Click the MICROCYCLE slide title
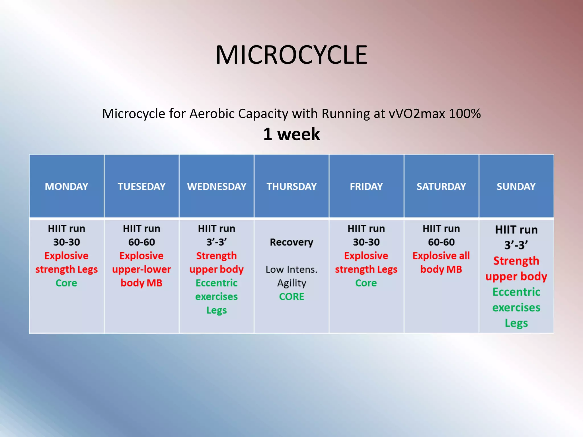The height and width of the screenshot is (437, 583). tap(291, 55)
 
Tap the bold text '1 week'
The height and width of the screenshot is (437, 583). tap(291, 134)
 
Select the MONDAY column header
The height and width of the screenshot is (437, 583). tap(66, 187)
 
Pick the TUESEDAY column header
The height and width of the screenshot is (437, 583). tap(141, 187)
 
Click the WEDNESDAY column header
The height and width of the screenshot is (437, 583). tap(216, 187)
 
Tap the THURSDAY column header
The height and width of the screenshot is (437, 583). tap(291, 187)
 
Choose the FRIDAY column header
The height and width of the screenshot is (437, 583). tap(366, 187)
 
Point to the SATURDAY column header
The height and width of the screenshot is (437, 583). tap(441, 187)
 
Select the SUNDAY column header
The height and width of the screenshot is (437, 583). tap(516, 187)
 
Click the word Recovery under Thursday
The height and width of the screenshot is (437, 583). tap(291, 242)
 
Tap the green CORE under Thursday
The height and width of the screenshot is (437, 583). tap(291, 297)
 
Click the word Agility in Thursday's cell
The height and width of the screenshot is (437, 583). tap(291, 283)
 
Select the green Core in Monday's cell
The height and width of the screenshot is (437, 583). tap(66, 283)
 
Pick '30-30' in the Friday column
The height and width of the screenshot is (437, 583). tap(366, 242)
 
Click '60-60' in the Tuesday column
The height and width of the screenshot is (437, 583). tap(141, 242)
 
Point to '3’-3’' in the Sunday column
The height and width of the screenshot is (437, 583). tap(516, 245)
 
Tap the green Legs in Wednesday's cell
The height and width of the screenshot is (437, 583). tap(216, 310)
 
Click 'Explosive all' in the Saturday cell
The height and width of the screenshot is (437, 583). tap(441, 256)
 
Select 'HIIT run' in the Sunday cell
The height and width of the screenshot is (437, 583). tap(516, 230)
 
